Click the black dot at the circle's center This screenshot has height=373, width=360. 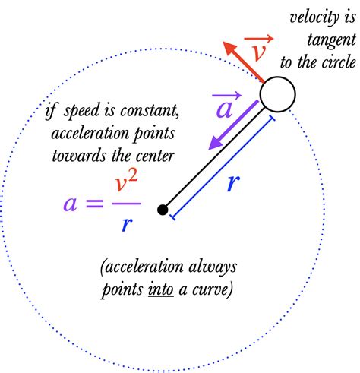(163, 210)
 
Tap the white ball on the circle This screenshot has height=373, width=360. (277, 94)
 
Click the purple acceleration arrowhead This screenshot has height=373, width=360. (216, 143)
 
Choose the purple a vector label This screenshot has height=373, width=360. (226, 106)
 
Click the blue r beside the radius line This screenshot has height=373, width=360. (233, 183)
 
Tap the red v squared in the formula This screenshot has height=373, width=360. (126, 182)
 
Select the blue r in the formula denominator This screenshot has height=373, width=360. (127, 223)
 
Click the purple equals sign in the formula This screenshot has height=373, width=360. (95, 204)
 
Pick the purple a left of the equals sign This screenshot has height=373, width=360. (70, 204)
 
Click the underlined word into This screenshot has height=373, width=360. (161, 289)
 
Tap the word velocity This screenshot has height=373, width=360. (314, 18)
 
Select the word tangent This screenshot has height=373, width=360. (331, 40)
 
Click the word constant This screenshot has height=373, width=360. (150, 111)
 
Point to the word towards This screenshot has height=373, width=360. (79, 156)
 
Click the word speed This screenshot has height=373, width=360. (81, 112)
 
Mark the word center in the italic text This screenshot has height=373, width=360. (155, 156)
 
